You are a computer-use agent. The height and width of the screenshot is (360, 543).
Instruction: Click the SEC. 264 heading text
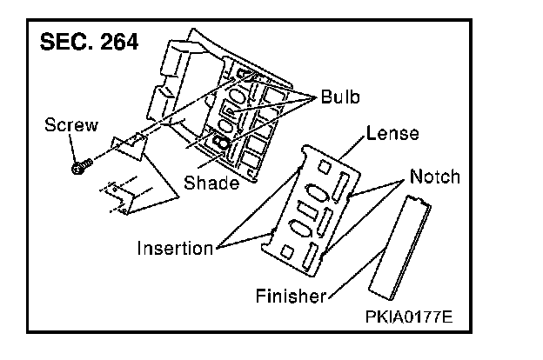click(86, 43)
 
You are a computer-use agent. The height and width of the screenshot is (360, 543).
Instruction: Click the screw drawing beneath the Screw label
click(78, 164)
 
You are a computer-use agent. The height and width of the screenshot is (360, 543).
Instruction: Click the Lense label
click(392, 134)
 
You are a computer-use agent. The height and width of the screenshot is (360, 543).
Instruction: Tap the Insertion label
click(175, 249)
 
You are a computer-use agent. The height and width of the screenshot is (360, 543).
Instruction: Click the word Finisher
click(291, 297)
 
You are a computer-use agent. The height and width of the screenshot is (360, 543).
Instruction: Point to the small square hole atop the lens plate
click(322, 166)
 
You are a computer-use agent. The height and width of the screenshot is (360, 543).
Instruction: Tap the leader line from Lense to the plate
click(352, 148)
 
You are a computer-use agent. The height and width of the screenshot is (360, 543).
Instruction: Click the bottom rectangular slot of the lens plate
click(312, 256)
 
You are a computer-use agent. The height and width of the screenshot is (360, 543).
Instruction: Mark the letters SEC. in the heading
click(61, 43)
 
